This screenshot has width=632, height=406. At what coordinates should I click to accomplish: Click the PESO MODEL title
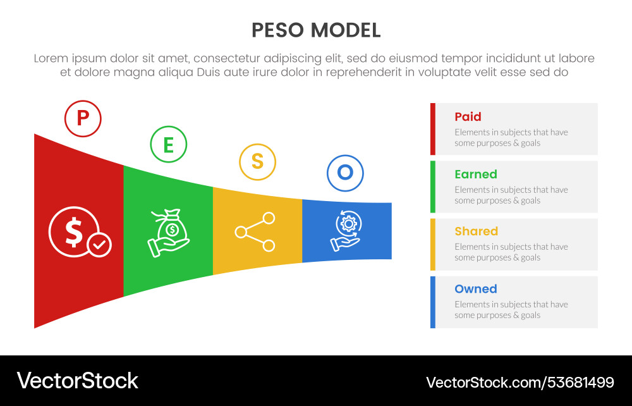pyautogui.click(x=316, y=30)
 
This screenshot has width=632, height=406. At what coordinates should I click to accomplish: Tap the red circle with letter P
pyautogui.click(x=83, y=118)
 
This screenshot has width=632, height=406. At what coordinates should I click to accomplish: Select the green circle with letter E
pyautogui.click(x=168, y=144)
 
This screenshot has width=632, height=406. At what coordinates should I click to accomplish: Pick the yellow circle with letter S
pyautogui.click(x=257, y=161)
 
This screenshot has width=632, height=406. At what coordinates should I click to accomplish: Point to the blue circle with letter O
pyautogui.click(x=345, y=172)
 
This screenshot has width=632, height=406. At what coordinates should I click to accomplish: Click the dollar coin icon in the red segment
pyautogui.click(x=74, y=232)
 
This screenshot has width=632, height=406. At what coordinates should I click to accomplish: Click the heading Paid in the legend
pyautogui.click(x=468, y=117)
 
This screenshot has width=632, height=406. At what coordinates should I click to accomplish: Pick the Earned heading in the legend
pyautogui.click(x=475, y=175)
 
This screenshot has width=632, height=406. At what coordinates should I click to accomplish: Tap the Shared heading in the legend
pyautogui.click(x=476, y=231)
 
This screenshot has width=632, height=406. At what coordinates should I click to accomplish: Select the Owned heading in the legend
pyautogui.click(x=475, y=289)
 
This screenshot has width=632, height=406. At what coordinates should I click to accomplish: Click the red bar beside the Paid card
pyautogui.click(x=433, y=129)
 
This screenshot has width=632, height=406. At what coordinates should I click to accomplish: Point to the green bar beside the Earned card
pyautogui.click(x=433, y=187)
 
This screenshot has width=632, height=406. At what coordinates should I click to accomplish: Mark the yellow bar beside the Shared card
pyautogui.click(x=433, y=244)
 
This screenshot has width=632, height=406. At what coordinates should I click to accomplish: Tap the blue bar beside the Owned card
pyautogui.click(x=433, y=302)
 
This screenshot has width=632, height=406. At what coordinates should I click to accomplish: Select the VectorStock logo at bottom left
pyautogui.click(x=77, y=381)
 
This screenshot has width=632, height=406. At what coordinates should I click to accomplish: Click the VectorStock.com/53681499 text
pyautogui.click(x=520, y=382)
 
